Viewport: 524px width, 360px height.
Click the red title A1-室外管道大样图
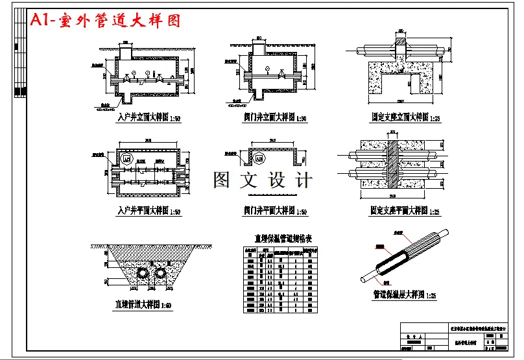coord(105,20)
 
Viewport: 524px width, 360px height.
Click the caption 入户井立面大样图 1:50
coord(149,118)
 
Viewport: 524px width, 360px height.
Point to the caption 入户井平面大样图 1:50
coord(149,211)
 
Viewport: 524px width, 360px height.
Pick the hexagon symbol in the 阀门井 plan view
coord(259,158)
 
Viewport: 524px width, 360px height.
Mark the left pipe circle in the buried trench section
coord(140,275)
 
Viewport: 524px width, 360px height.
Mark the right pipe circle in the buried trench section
coord(158,275)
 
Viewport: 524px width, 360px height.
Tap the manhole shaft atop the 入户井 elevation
coord(127,51)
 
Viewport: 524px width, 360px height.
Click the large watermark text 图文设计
coord(263,181)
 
